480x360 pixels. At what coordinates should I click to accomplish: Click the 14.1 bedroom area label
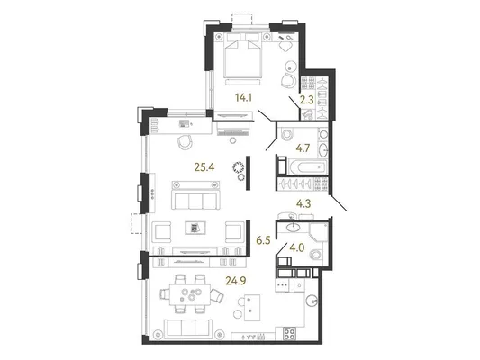[x=243, y=97]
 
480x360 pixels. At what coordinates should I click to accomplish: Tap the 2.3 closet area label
[x=306, y=100]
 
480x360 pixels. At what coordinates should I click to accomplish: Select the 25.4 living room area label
[x=204, y=167]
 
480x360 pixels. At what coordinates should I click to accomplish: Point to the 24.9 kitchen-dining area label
[x=236, y=280]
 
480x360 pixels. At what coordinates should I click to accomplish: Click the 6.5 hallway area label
[x=263, y=240]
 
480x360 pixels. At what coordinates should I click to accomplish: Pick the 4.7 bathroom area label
[x=303, y=148]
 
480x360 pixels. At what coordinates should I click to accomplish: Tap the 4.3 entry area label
[x=304, y=203]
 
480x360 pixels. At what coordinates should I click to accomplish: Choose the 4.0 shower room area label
[x=297, y=247]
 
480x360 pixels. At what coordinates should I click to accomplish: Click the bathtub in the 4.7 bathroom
[x=307, y=167]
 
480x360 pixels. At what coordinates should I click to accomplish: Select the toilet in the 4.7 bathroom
[x=285, y=134]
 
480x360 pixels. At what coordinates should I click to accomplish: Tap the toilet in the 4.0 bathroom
[x=316, y=255]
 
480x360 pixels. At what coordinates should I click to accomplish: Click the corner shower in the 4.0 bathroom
[x=319, y=232]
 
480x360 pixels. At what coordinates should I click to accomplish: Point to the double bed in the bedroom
[x=243, y=56]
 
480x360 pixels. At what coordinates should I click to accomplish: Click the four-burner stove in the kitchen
[x=290, y=334]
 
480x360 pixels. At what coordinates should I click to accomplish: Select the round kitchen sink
[x=312, y=301]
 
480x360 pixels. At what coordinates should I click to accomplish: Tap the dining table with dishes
[x=190, y=294]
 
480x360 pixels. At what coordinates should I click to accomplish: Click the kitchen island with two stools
[x=252, y=308]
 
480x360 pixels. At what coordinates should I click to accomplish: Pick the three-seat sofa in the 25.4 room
[x=195, y=195]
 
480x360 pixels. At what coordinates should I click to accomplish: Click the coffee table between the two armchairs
[x=195, y=229]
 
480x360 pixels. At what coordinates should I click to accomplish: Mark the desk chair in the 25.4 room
[x=185, y=142]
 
